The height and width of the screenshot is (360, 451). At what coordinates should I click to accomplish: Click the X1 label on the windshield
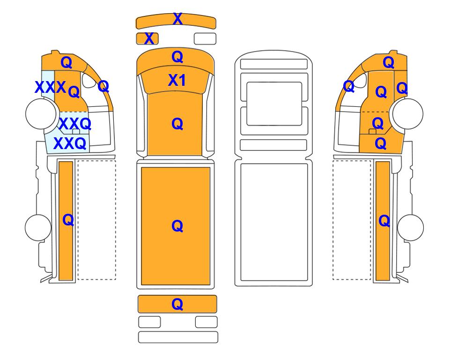coord(177,80)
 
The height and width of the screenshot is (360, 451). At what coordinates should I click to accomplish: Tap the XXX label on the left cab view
coord(50,87)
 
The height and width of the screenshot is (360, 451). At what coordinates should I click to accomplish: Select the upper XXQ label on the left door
coord(75,124)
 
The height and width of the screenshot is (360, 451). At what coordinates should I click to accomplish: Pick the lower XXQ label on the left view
coord(70,143)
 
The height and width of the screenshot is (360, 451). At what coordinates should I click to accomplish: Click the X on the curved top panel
coord(178,19)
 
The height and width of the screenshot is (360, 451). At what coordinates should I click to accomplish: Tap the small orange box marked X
coord(147,38)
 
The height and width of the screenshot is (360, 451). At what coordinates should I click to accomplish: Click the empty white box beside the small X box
coord(205,38)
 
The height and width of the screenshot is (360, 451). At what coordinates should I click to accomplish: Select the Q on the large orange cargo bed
coord(177,226)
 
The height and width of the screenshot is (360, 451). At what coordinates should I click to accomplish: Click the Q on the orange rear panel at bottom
coord(177,304)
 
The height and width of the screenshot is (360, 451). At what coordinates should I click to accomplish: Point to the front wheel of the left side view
coord(41,113)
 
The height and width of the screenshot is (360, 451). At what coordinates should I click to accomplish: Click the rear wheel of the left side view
coord(38,227)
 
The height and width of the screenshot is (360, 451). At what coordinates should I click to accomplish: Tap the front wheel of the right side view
coord(408,113)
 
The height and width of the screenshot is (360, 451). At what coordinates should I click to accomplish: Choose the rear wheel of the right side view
coord(410,227)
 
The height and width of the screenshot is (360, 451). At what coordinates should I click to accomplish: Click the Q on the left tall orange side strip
coord(68,220)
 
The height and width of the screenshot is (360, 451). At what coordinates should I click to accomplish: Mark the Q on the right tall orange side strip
coord(384,221)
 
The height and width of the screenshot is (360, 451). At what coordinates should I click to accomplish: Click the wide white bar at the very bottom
coord(178,337)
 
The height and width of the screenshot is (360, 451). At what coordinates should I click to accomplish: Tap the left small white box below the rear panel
coord(149,322)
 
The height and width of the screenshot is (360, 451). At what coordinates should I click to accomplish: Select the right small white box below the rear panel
coord(206,322)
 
